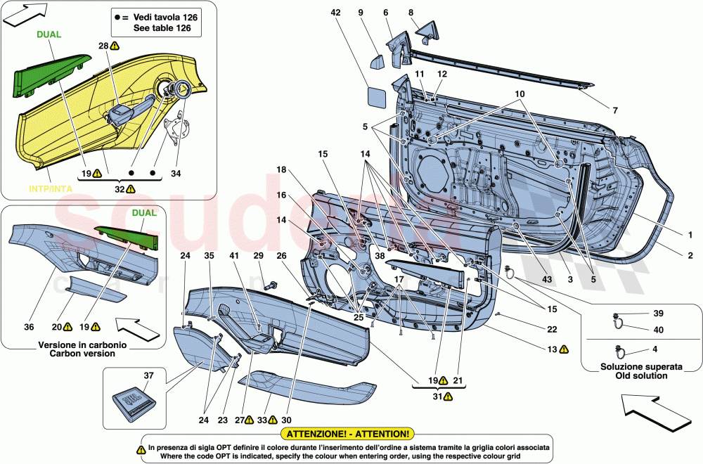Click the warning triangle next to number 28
coord(115,46)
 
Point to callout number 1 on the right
coord(690,235)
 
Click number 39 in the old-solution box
coord(659,314)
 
